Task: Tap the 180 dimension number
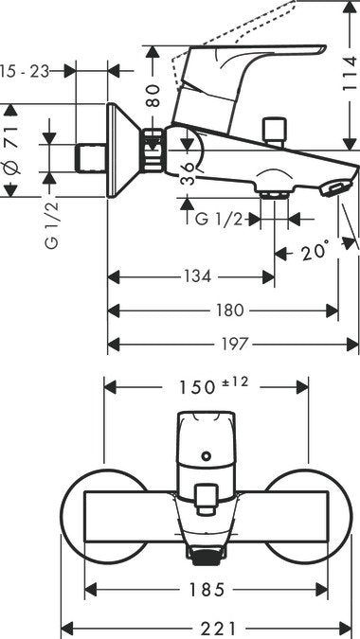click(230, 310)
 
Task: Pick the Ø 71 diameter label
click(11, 151)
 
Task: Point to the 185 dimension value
click(206, 589)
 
